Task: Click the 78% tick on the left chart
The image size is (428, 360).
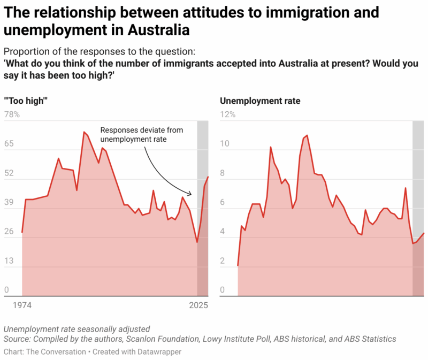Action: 12,114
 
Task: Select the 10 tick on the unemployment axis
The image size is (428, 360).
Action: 225,144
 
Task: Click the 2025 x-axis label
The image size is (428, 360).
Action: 198,305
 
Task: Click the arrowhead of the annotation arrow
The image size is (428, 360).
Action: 190,193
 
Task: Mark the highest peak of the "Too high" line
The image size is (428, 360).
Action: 84,132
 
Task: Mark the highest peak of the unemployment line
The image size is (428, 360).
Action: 307,135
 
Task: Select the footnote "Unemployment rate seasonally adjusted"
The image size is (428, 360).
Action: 77,329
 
